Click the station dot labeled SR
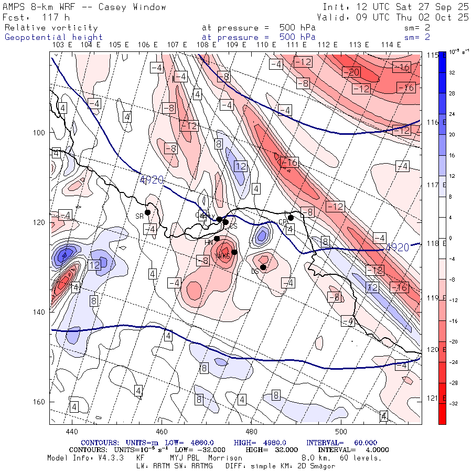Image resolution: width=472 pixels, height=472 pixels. click(148, 212)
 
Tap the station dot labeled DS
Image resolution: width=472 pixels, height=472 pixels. click(263, 267)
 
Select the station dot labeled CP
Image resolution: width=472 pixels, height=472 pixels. click(291, 218)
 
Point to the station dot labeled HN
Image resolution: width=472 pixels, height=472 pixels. click(217, 239)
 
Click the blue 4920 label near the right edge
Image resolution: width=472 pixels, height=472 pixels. click(397, 247)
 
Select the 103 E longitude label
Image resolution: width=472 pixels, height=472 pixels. click(62, 45)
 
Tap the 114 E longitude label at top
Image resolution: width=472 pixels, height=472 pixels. click(391, 45)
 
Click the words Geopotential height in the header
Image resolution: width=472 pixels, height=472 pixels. click(54, 37)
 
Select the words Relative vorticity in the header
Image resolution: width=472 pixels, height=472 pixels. click(51, 28)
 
